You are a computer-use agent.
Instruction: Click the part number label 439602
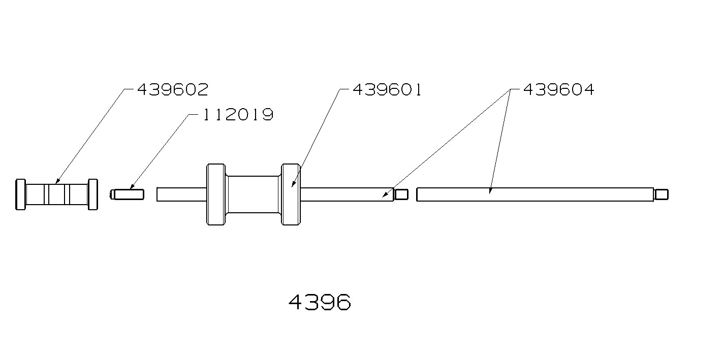tap(173, 90)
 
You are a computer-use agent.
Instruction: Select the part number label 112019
tap(238, 115)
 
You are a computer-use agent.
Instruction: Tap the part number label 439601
tap(387, 90)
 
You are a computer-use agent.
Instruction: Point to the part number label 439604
tap(558, 90)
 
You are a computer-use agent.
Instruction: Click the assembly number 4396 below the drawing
tap(320, 303)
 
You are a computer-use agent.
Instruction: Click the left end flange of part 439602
tap(21, 194)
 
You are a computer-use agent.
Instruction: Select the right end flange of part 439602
tap(92, 194)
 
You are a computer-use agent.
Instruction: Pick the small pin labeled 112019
tap(128, 194)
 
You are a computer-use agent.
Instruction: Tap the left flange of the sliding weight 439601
tap(215, 194)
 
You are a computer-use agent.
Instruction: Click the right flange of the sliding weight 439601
tap(291, 194)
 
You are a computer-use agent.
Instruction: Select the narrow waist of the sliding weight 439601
tap(253, 194)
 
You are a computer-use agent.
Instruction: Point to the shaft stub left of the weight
tap(181, 194)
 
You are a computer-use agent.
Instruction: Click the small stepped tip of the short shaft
tap(401, 194)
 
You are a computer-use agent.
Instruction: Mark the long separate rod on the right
tap(533, 194)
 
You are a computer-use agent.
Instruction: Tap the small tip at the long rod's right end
tap(661, 194)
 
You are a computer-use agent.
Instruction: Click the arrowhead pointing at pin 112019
tap(132, 188)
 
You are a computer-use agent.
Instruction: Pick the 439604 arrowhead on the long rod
tap(490, 192)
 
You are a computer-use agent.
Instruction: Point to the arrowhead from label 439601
tap(293, 185)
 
